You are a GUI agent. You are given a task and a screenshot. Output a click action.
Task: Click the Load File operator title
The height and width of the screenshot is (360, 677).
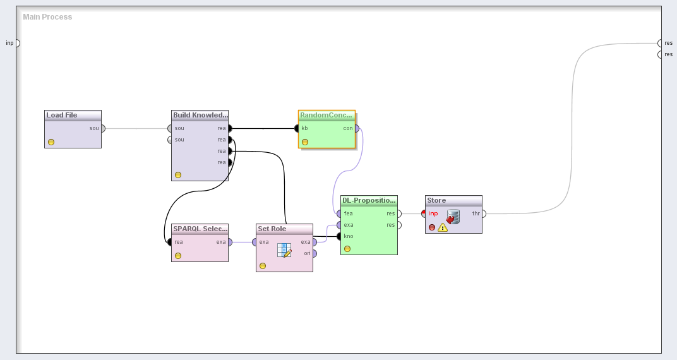(62, 116)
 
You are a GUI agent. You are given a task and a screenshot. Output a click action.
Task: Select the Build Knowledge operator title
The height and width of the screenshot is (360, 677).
(200, 116)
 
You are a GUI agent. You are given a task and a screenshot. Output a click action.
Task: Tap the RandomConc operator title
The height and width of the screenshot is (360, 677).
(327, 116)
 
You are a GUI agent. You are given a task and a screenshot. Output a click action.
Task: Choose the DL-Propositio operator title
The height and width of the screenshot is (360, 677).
(369, 201)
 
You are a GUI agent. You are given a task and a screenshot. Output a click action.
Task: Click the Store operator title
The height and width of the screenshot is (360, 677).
(436, 201)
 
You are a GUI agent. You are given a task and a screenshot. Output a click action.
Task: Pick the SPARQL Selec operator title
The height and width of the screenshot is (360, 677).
(200, 229)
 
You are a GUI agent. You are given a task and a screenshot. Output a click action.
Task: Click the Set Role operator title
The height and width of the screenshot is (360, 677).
(272, 229)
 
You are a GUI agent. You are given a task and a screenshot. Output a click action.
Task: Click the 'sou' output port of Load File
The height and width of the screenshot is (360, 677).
(103, 128)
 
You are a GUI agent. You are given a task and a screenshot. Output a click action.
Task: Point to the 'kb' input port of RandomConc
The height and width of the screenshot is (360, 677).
(296, 128)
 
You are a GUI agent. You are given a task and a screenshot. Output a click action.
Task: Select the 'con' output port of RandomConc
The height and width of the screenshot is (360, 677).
(357, 128)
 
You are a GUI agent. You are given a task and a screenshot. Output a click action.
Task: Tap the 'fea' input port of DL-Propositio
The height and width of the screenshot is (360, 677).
(339, 213)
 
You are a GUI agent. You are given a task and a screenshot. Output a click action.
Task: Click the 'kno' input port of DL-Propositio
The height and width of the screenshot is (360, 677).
(339, 236)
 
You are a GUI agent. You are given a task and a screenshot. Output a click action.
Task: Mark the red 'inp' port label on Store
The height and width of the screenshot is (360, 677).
(433, 213)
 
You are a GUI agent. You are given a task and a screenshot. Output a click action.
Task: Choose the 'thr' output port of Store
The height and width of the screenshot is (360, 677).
(483, 213)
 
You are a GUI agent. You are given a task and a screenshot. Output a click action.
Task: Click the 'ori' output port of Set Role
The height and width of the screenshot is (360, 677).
(315, 253)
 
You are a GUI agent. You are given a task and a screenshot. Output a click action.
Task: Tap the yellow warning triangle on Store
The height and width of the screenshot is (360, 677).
(443, 227)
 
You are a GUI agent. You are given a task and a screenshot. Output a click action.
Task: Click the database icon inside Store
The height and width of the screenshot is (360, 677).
(453, 217)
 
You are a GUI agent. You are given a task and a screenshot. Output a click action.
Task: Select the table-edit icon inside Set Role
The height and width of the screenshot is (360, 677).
(284, 250)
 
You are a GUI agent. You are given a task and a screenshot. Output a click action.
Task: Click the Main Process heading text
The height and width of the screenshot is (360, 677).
(47, 17)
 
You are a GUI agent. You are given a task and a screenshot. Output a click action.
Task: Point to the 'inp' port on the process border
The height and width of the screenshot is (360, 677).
(17, 43)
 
